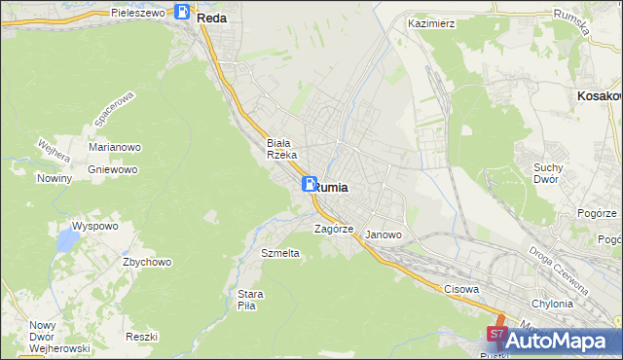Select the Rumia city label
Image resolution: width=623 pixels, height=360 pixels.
coord(332,188)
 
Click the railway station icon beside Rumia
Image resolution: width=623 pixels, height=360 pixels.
coord(309,184)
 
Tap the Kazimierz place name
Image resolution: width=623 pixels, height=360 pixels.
coord(432,21)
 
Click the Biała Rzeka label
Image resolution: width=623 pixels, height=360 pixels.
coord(288,149)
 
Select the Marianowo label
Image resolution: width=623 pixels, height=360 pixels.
coord(116,147)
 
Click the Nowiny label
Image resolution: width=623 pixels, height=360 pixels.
coord(55,178)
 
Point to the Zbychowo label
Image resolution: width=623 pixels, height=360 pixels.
coord(147,262)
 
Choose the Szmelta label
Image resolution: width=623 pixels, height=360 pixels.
coord(280,253)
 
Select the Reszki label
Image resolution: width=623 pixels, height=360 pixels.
coord(142,336)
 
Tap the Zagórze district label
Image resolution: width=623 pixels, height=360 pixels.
coord(332,230)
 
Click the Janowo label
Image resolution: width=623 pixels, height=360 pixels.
coord(383,234)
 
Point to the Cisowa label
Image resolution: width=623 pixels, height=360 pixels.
coord(461,289)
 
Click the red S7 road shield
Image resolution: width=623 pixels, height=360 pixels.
coord(495,334)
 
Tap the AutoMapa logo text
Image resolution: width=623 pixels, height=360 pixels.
coord(570,341)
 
